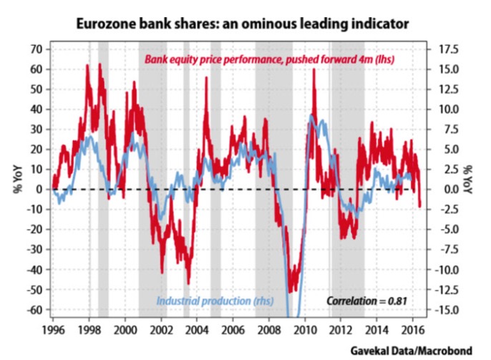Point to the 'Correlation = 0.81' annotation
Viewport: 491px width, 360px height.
point(366,301)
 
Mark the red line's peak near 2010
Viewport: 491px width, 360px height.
point(314,70)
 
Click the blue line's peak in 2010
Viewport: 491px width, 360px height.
point(312,115)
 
